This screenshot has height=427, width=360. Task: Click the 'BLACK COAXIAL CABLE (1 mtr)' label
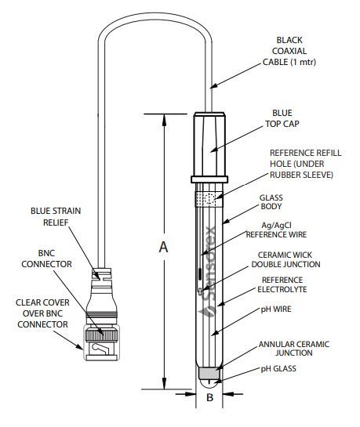tap(299, 51)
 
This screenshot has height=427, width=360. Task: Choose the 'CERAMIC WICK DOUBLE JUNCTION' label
tap(289, 259)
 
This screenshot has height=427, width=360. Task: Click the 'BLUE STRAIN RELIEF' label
tap(56, 215)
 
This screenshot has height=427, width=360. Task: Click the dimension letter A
tap(163, 247)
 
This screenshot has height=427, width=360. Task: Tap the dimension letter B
tap(209, 397)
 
